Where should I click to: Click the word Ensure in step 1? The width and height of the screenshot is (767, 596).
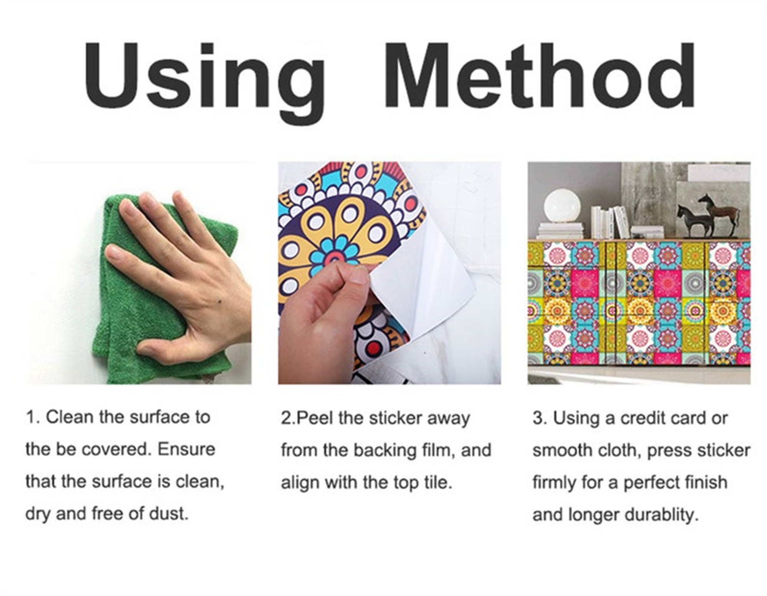click(186, 449)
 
